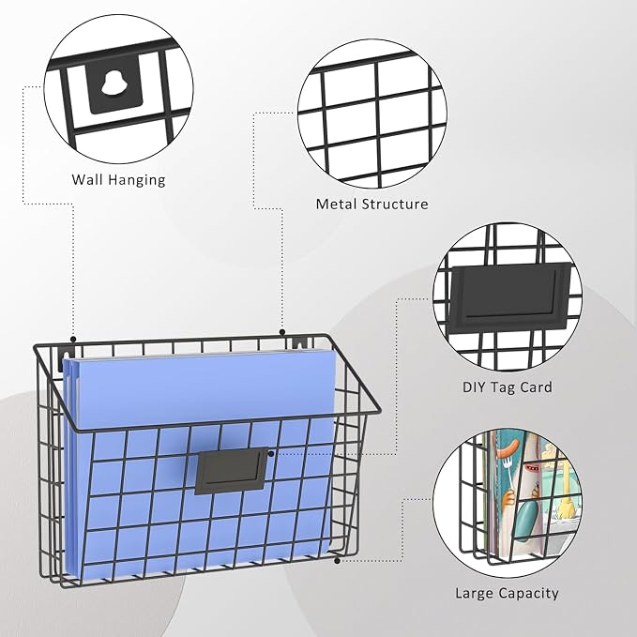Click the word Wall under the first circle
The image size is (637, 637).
point(86,179)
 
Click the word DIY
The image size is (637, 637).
point(474,387)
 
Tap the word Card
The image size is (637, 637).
point(536,387)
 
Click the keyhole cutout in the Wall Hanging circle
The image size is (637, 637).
point(111,83)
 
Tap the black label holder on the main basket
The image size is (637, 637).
point(231,471)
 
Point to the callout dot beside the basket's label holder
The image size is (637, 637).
point(271,453)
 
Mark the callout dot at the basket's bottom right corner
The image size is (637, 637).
point(337,561)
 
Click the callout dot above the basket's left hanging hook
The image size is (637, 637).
point(73,339)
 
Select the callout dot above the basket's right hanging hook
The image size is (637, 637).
point(282,332)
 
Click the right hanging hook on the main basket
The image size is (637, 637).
point(300,344)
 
